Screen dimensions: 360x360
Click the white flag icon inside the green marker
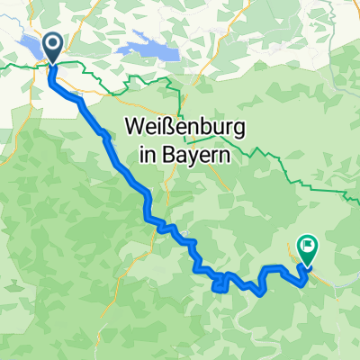(x=308, y=241)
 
